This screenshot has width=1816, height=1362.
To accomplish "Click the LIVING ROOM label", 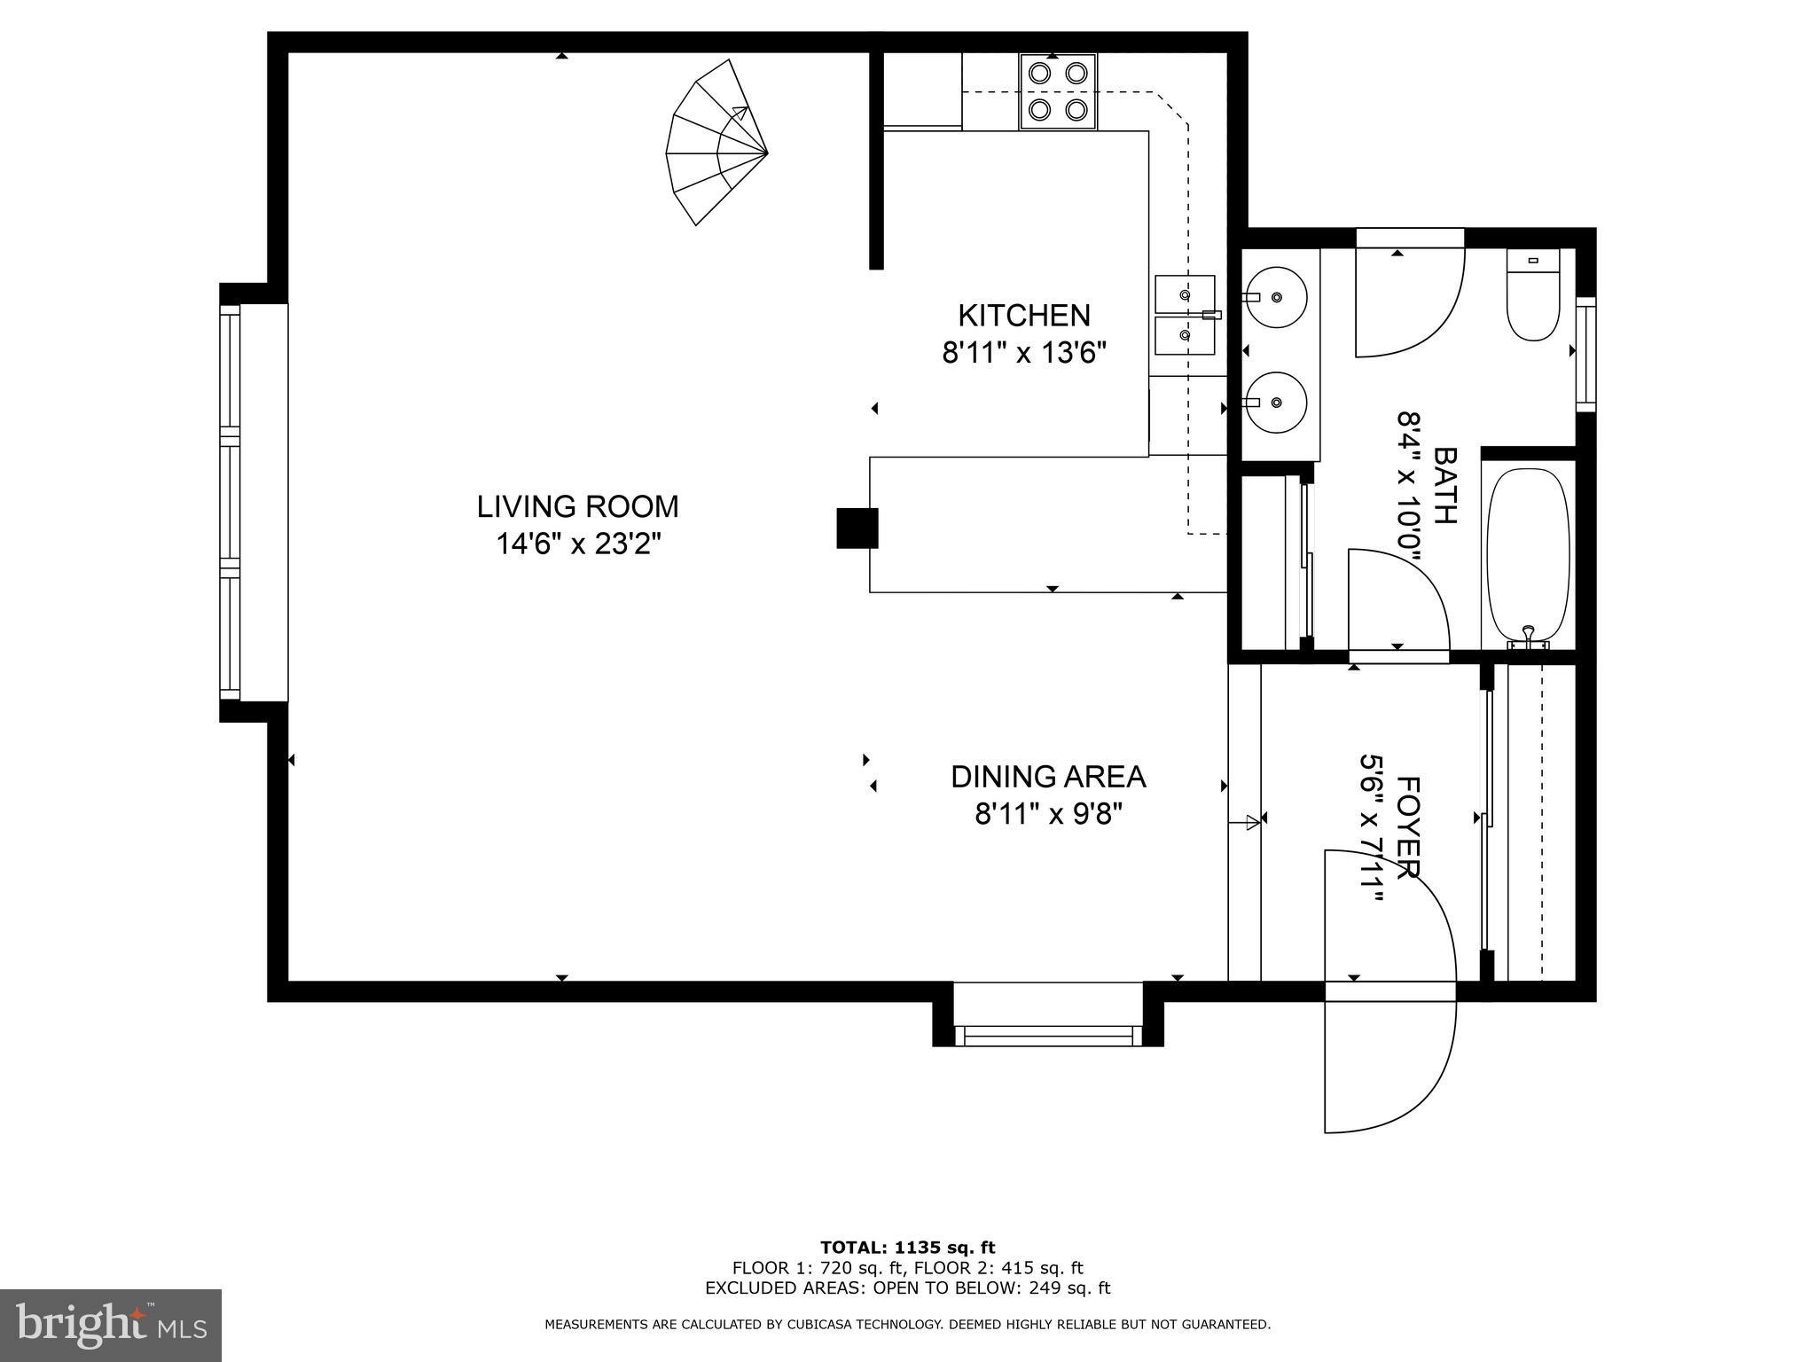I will pyautogui.click(x=577, y=506).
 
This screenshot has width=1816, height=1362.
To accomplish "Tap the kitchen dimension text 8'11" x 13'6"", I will pyautogui.click(x=1024, y=353).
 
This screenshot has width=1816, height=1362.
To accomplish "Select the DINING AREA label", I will pyautogui.click(x=1048, y=777).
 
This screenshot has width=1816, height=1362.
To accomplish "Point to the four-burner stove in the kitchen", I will pyautogui.click(x=1058, y=91).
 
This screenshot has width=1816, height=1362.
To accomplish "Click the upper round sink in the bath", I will pyautogui.click(x=1275, y=297).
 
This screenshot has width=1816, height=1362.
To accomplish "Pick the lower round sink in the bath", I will pyautogui.click(x=1275, y=402).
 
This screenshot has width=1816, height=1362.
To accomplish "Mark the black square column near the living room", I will pyautogui.click(x=857, y=528).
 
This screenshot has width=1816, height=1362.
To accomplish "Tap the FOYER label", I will pyautogui.click(x=1408, y=826).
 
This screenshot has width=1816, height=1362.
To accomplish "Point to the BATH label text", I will pyautogui.click(x=1444, y=485).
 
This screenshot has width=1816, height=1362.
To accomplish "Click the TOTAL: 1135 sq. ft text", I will pyautogui.click(x=907, y=1248).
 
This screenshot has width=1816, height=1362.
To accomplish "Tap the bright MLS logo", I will pyautogui.click(x=111, y=1327).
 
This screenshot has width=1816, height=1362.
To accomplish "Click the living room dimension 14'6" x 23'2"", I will pyautogui.click(x=578, y=544).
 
